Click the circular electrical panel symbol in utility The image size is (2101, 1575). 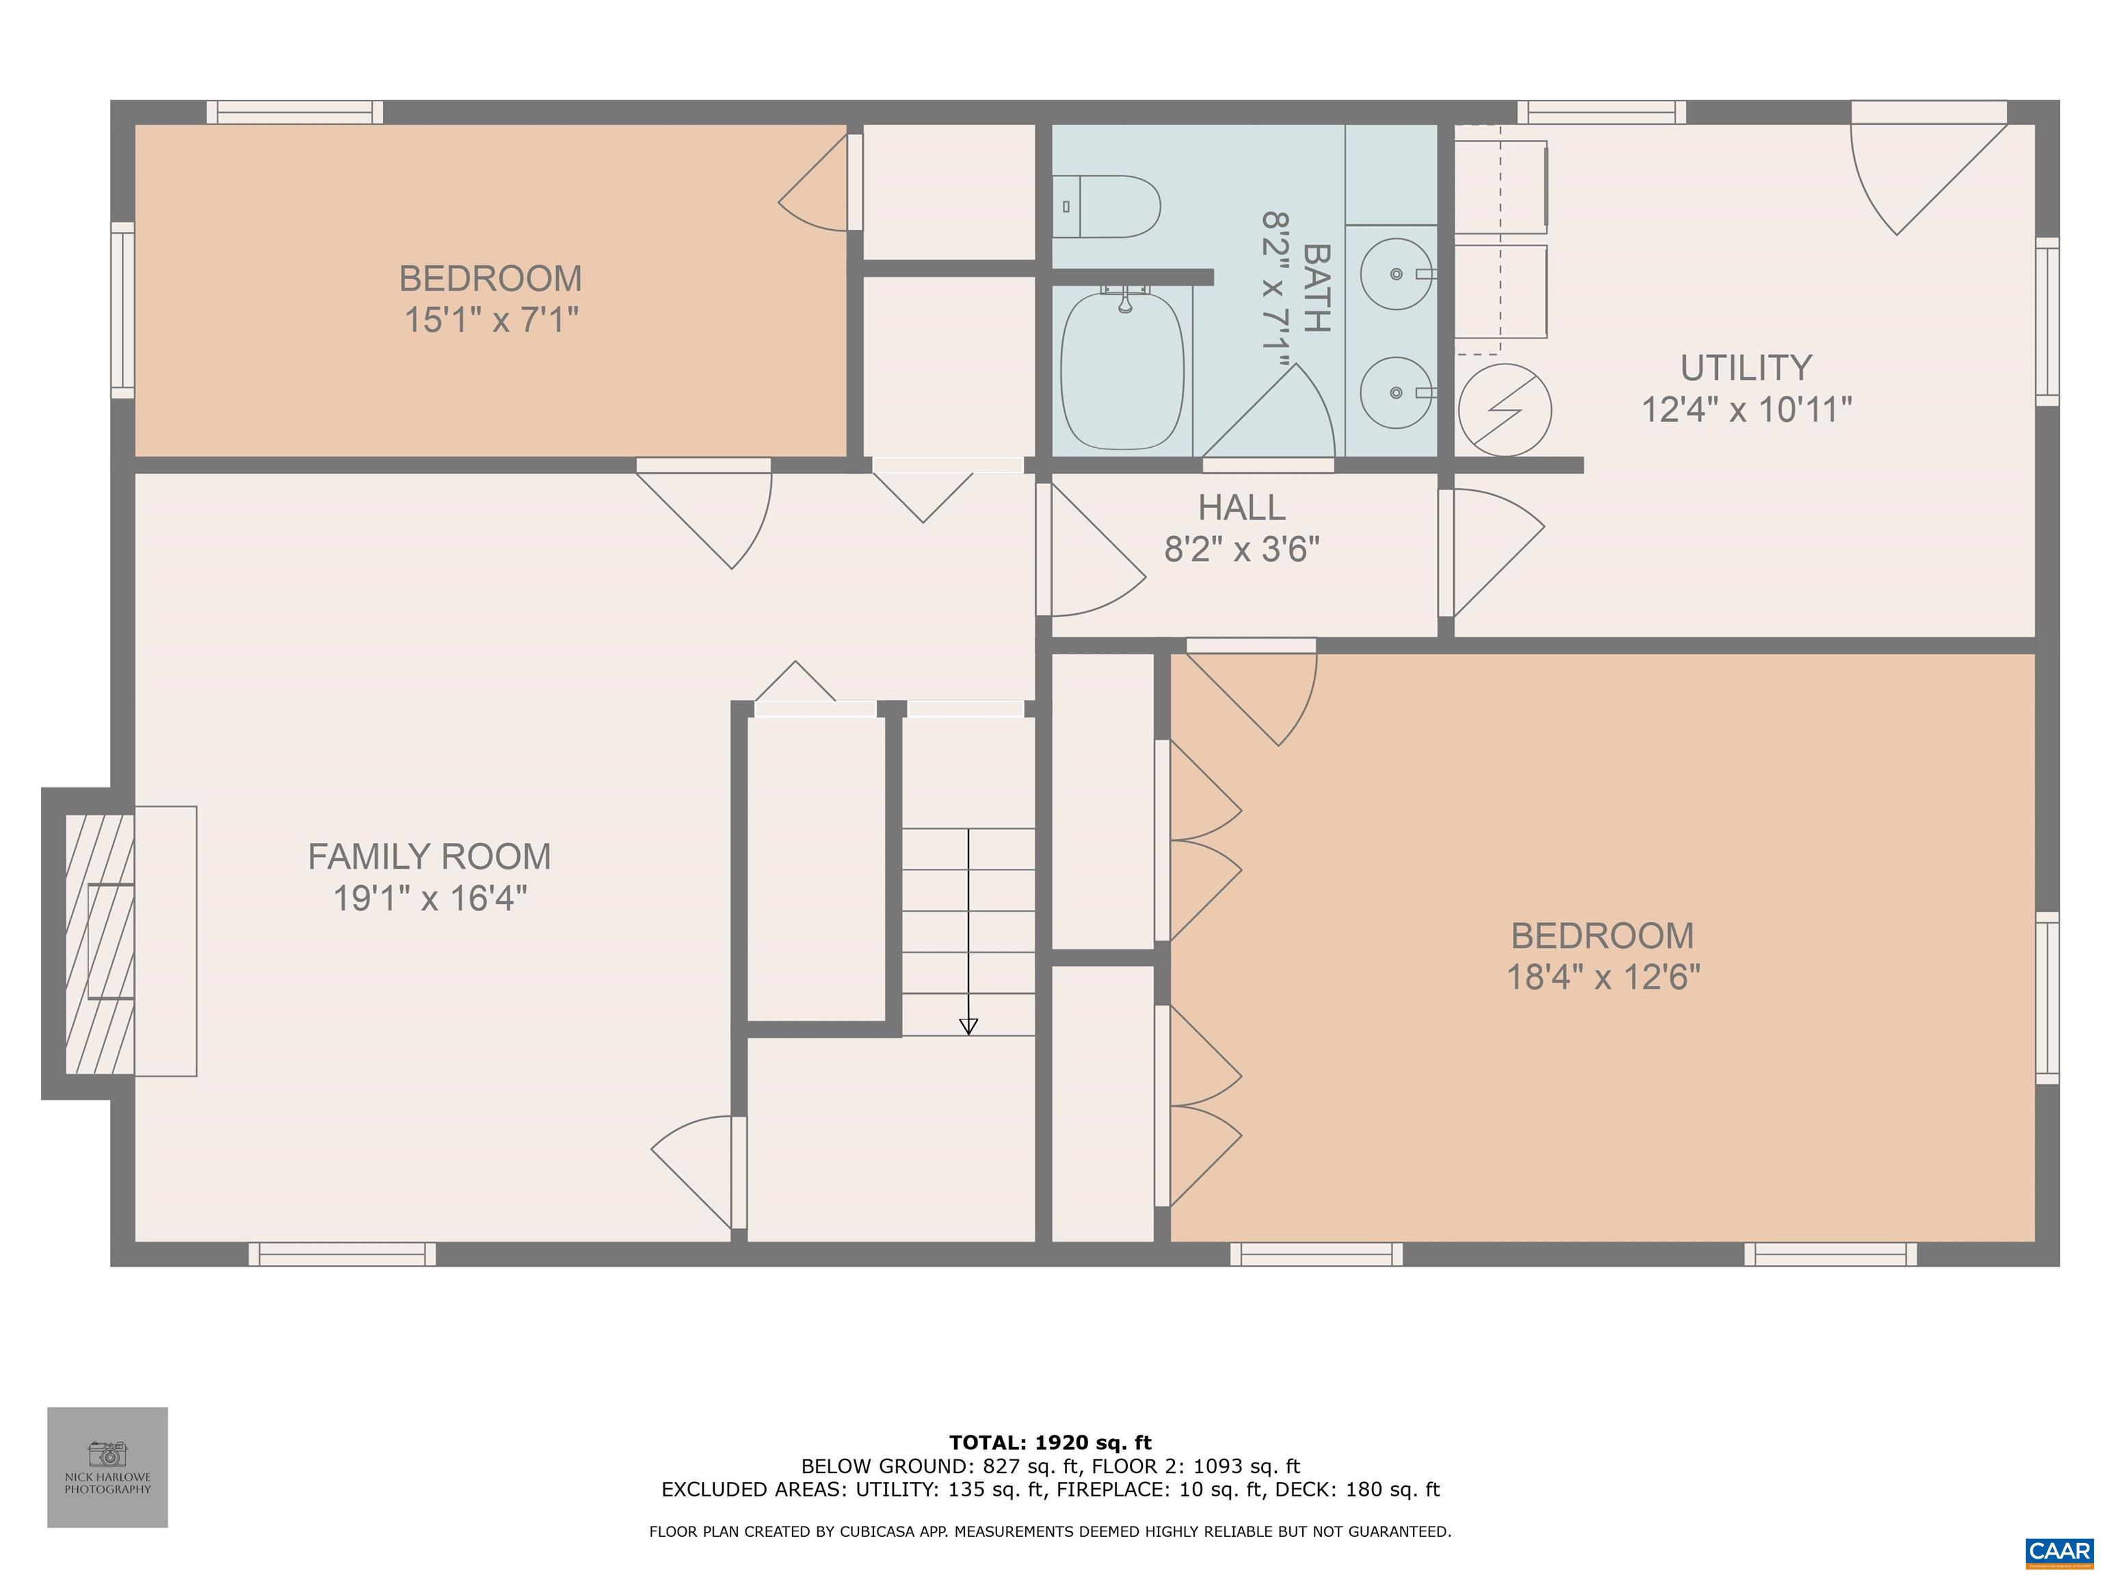coord(1505,410)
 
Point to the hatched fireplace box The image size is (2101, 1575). coord(100,943)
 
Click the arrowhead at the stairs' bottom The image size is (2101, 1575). coord(968,1026)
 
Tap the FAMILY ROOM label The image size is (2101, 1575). coord(430,857)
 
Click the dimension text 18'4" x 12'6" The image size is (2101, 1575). coord(1603,977)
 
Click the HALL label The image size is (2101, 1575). coord(1241,507)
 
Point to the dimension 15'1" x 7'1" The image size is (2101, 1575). coord(491,320)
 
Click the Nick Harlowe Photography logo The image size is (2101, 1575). coord(107,1468)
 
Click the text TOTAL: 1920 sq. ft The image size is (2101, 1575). coord(1050,1443)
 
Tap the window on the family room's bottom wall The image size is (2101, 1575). coord(342,1254)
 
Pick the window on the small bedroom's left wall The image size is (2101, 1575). coord(122,310)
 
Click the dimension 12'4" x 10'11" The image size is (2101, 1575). coord(1747,409)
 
